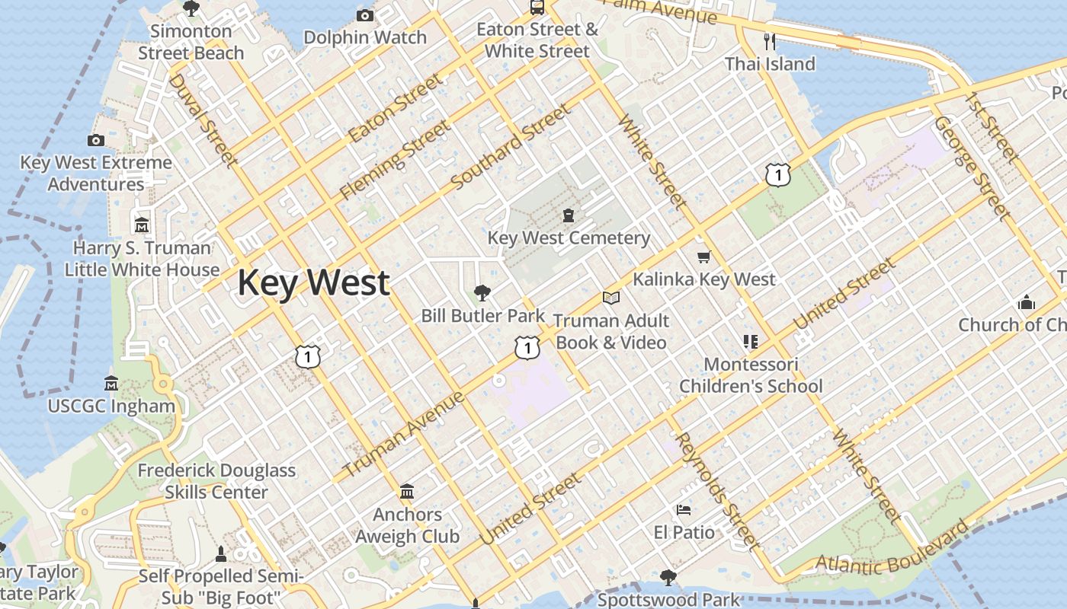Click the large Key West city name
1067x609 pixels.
[313, 282]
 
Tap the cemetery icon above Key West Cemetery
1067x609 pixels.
[569, 215]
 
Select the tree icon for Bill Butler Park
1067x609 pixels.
[482, 292]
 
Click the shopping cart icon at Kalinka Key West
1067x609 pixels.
[703, 257]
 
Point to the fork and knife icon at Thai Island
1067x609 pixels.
[770, 41]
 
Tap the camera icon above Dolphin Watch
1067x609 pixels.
[365, 15]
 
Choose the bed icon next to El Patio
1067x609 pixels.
[684, 509]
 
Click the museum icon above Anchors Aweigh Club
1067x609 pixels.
[407, 490]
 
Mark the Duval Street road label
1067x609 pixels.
[203, 119]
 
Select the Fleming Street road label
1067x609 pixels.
[394, 160]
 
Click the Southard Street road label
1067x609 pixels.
[511, 148]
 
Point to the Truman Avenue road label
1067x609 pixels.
[404, 435]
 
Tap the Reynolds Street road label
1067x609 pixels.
[717, 491]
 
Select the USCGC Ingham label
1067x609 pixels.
[111, 406]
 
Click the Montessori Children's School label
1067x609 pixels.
[751, 375]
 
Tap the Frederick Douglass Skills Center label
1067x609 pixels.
[216, 481]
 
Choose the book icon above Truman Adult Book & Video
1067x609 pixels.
[610, 298]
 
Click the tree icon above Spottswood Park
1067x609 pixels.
[668, 578]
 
